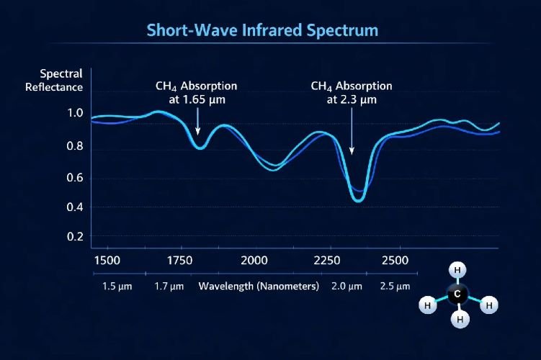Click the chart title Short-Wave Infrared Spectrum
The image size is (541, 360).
262,30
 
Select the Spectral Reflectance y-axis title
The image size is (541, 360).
61,81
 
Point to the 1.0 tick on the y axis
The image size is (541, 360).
75,113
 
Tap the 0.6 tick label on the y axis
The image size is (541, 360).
75,178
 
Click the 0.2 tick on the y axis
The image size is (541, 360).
75,236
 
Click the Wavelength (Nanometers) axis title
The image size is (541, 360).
259,286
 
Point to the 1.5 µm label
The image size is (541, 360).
115,286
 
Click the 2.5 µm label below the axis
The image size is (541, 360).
395,286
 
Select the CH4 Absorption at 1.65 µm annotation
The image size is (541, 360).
196,93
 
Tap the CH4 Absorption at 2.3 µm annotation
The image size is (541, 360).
352,93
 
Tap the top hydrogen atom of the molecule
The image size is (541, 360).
457,270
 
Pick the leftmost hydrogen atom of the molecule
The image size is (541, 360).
427,305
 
